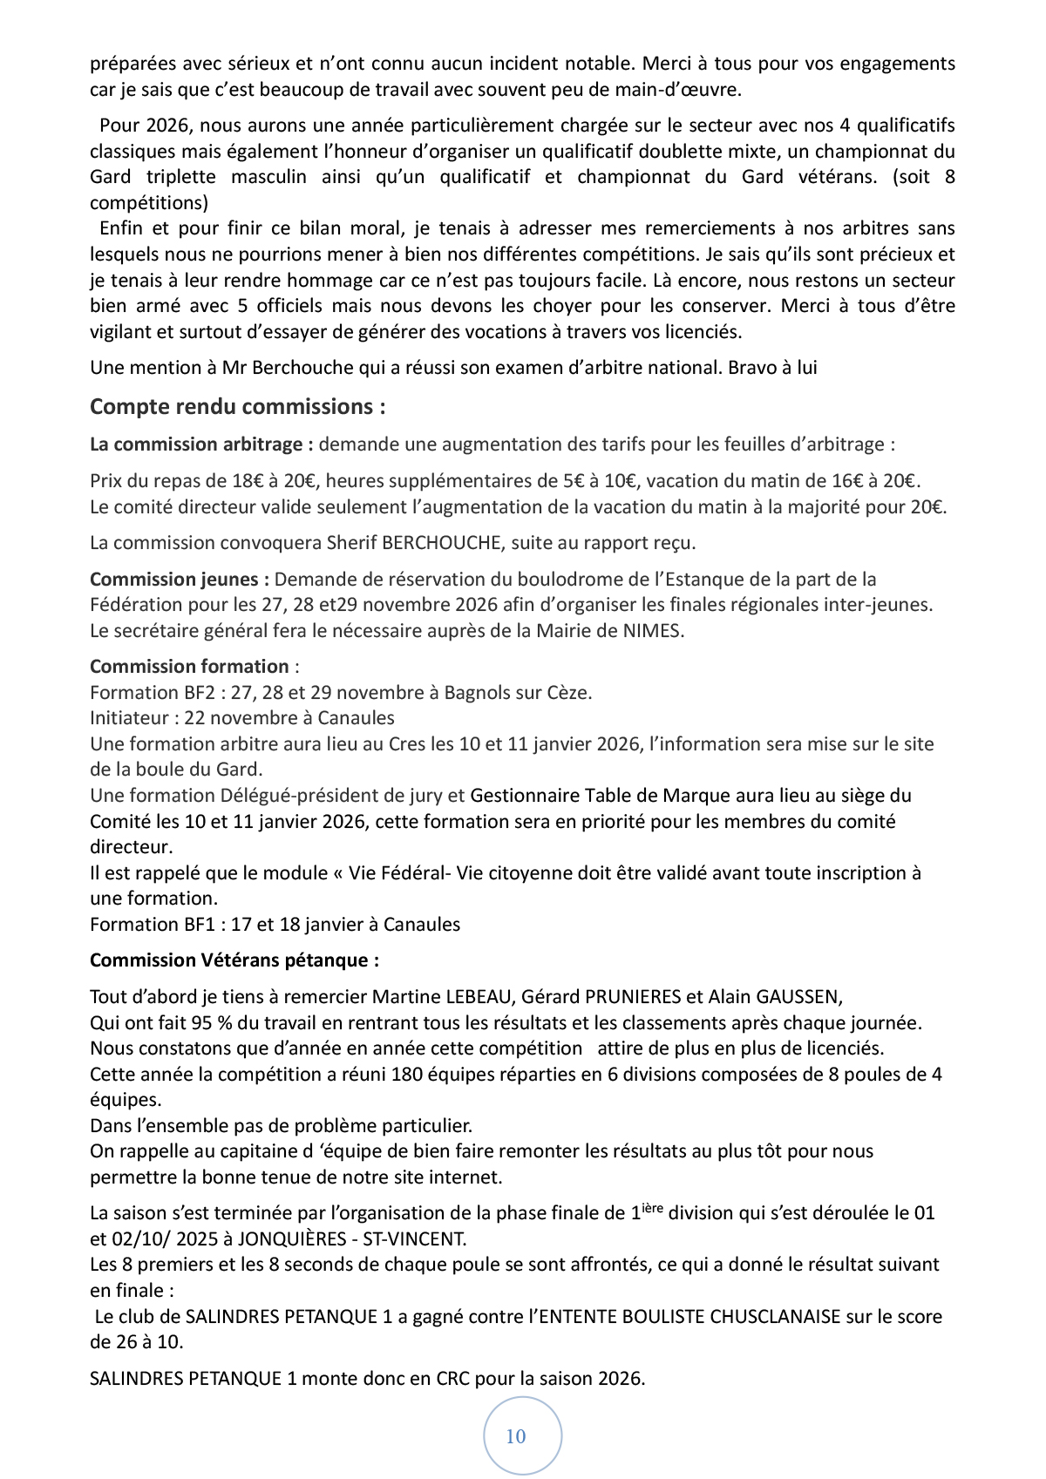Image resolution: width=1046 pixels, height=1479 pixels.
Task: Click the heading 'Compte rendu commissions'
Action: (237, 407)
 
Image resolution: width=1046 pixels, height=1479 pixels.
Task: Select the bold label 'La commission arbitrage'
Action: (201, 444)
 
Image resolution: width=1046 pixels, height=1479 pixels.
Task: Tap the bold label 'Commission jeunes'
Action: (180, 580)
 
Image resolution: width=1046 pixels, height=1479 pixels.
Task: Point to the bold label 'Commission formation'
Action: (189, 667)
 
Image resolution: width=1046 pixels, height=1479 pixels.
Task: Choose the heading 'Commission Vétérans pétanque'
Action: (234, 960)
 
